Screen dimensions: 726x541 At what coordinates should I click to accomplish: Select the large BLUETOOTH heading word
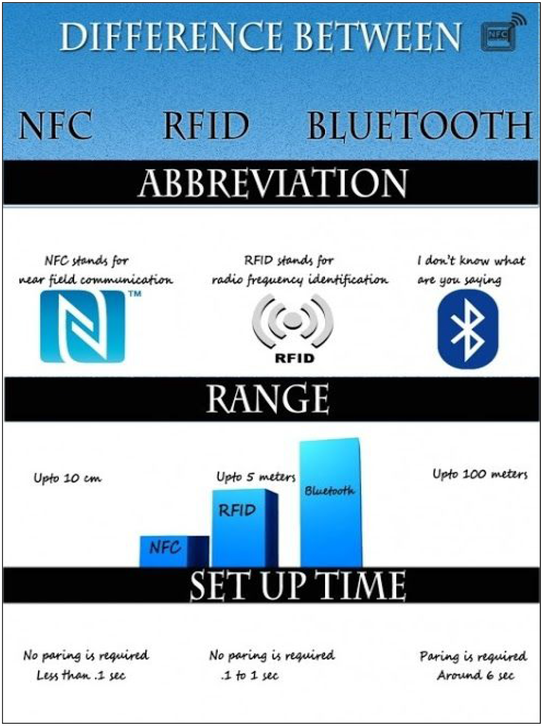420,126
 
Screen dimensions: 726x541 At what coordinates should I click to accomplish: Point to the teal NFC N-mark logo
82,327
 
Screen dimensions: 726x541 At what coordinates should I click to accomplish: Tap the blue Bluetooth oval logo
468,329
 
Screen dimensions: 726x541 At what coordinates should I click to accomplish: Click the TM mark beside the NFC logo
135,294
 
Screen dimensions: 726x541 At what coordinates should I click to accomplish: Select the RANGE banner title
268,399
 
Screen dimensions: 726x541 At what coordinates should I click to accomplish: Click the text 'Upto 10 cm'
67,478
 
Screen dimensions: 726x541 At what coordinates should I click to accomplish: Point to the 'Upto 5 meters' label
256,477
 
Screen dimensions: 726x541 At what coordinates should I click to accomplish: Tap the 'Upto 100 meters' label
480,474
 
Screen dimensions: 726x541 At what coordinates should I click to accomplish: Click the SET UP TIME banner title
297,585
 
